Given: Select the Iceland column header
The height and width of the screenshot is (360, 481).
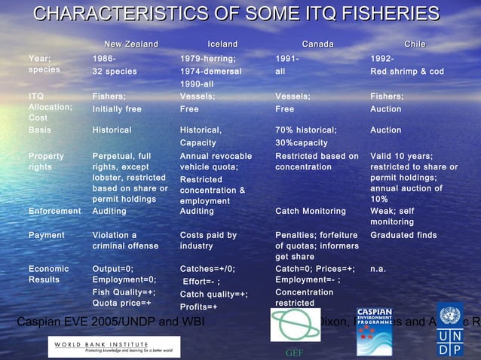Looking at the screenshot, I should click(222, 44).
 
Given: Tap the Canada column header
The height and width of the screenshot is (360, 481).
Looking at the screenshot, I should click(317, 44).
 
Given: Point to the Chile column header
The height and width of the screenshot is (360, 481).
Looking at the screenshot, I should click(414, 44).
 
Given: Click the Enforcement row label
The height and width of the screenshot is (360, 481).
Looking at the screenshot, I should click(54, 212).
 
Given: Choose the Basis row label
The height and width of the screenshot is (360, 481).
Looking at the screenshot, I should click(40, 130).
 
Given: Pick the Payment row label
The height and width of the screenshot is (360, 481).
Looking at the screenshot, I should click(47, 235).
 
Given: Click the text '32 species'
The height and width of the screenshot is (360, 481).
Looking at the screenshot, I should click(115, 72).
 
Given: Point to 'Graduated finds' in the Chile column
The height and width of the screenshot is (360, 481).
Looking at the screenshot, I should click(403, 235).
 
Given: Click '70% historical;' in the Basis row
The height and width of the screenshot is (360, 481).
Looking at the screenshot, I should click(305, 130).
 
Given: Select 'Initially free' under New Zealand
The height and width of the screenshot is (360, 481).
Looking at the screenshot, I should click(117, 109).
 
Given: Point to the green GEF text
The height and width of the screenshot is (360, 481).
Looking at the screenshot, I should click(293, 352).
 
